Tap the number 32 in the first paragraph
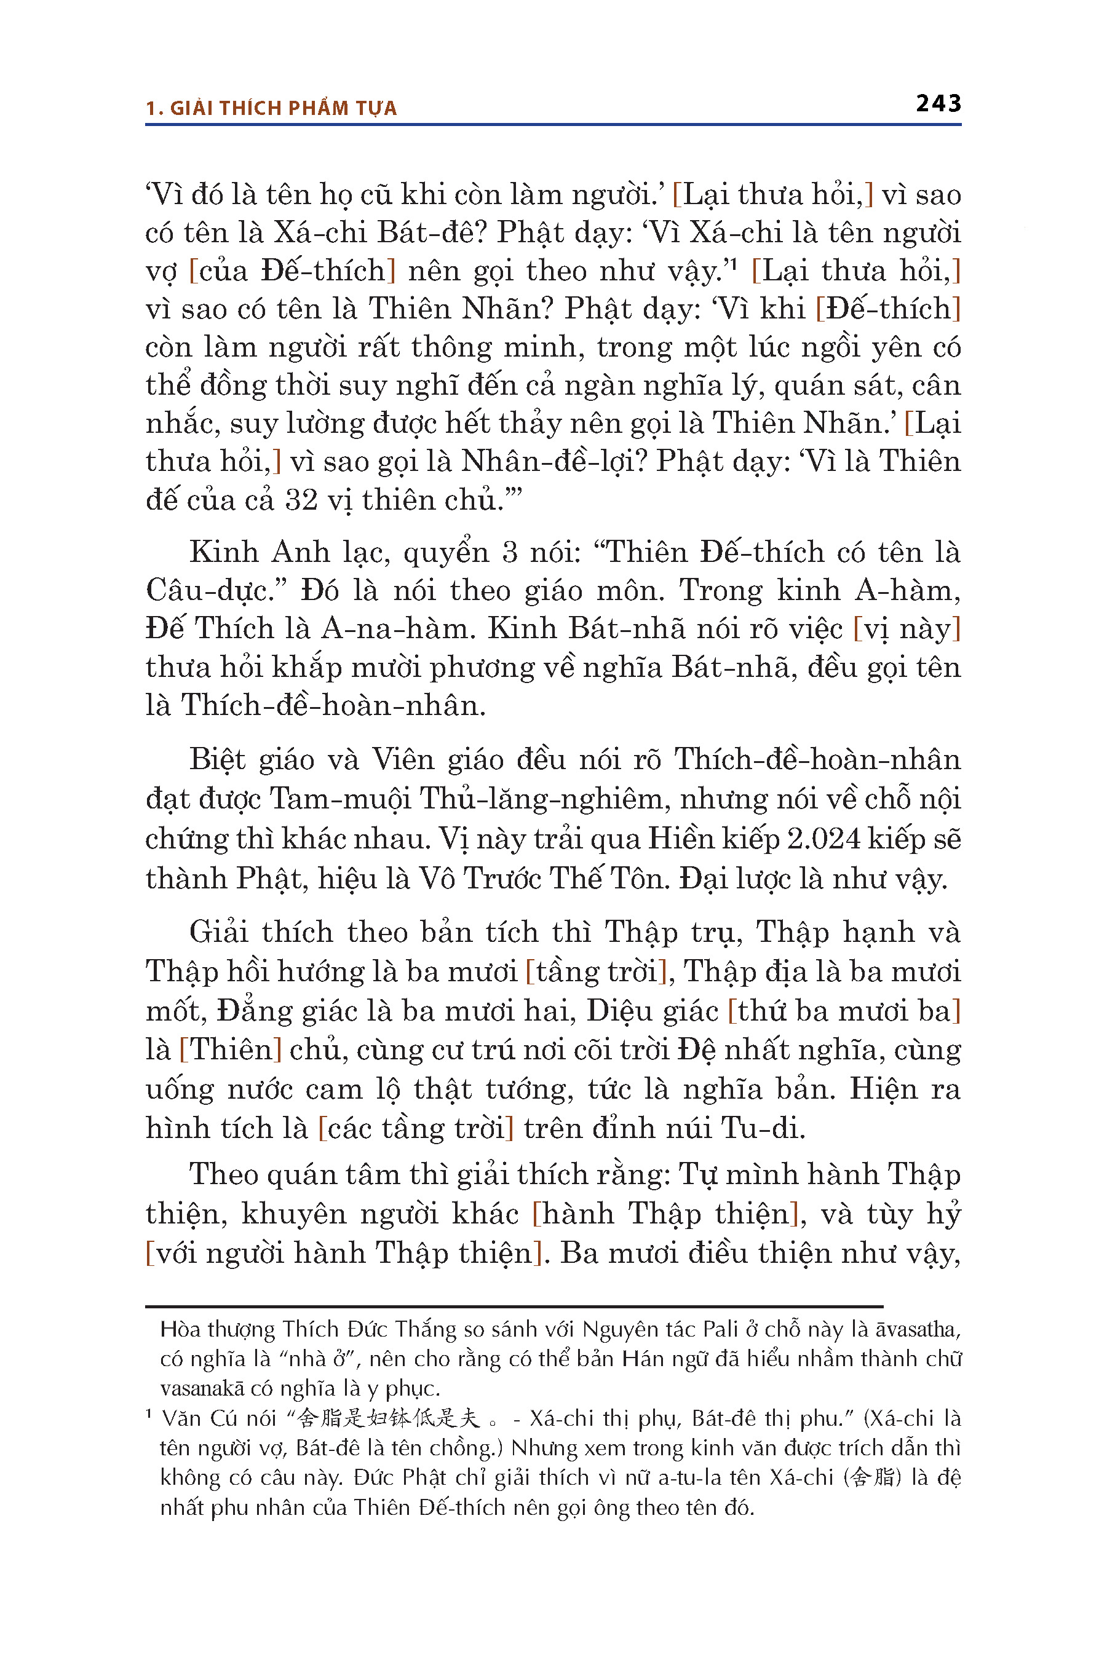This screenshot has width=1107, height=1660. pos(301,500)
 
